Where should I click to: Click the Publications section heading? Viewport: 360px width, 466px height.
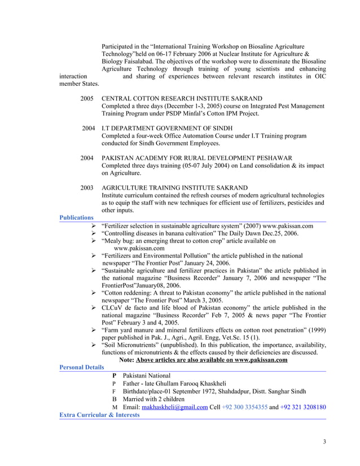click(x=76, y=217)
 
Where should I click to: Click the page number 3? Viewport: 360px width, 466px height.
click(x=324, y=441)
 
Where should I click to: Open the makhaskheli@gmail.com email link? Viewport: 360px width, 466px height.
click(x=175, y=407)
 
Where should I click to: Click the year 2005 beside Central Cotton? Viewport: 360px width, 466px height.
click(x=87, y=98)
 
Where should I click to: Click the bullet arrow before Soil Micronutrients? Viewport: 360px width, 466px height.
click(x=94, y=344)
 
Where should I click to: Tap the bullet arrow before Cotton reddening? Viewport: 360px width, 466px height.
click(x=94, y=293)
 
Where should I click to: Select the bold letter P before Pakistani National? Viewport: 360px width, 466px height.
click(x=115, y=375)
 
